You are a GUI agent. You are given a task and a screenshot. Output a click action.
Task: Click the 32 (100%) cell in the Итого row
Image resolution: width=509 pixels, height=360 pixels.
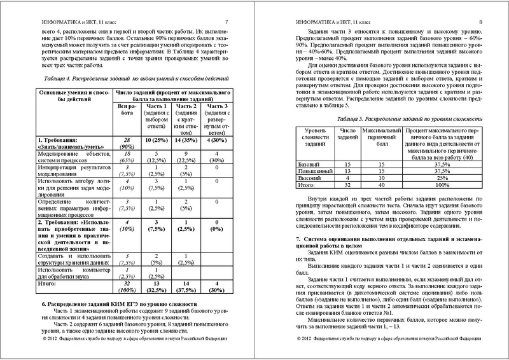pyautogui.click(x=126, y=288)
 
